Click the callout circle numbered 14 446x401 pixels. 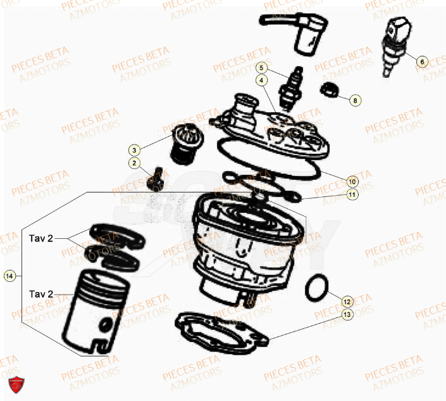(x=9, y=276)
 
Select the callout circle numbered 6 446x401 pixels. (x=422, y=62)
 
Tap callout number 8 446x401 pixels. (x=355, y=100)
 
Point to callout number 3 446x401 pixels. (x=134, y=150)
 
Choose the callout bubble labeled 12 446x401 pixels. (x=346, y=301)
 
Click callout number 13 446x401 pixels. (x=346, y=314)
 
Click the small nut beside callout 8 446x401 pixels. (x=329, y=91)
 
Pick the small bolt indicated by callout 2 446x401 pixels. (x=154, y=179)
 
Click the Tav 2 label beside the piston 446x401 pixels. (x=41, y=295)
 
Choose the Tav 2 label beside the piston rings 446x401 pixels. (x=41, y=239)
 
